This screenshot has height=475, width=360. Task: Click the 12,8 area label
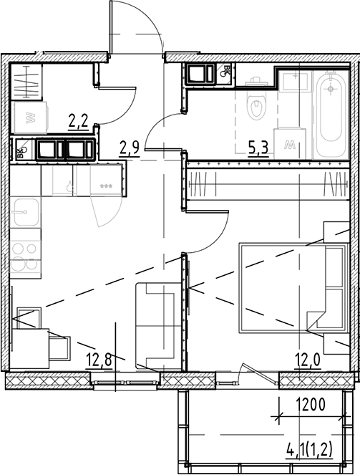(99, 360)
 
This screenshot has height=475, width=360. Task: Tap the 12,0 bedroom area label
(308, 360)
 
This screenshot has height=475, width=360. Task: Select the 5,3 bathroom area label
(258, 148)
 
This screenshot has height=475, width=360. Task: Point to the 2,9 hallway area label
(129, 149)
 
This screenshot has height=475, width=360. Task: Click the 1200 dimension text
(311, 405)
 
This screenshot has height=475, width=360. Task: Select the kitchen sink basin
(25, 212)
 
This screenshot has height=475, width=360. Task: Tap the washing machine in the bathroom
(290, 143)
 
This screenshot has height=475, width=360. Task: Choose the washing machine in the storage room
(29, 117)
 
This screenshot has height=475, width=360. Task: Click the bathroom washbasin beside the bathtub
(295, 80)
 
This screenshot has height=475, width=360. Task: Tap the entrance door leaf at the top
(111, 28)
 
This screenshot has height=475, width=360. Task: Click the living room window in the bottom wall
(125, 380)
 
